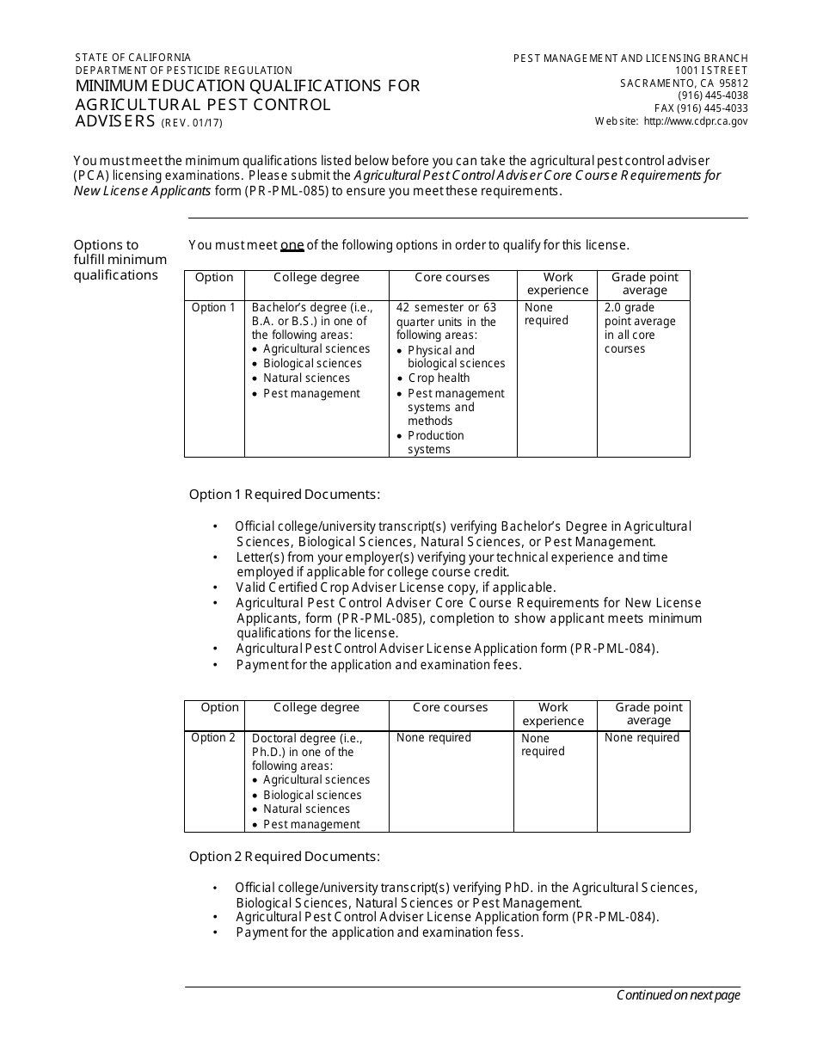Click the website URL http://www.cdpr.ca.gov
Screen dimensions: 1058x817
tap(695, 121)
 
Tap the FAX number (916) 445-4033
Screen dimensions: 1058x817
tap(701, 108)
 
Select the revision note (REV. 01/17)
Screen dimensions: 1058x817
tap(192, 122)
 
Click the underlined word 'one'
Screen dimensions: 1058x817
tap(292, 245)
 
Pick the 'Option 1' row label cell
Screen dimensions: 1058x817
tap(213, 308)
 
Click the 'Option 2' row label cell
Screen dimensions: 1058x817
tap(213, 738)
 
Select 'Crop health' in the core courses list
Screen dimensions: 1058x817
tap(439, 378)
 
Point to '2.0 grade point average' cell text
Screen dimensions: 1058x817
tap(640, 328)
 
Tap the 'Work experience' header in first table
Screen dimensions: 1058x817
tap(557, 284)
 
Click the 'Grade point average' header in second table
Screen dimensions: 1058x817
tap(648, 714)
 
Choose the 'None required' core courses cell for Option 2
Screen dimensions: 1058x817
tap(433, 738)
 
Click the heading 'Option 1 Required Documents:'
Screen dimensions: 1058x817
tap(285, 495)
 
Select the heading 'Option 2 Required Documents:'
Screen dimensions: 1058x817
tap(285, 857)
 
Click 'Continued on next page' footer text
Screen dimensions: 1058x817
tap(678, 995)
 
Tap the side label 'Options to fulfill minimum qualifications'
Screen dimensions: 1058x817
tap(120, 260)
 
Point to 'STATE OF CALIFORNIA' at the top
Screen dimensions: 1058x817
tap(133, 58)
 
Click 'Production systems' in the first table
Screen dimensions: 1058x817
tap(435, 442)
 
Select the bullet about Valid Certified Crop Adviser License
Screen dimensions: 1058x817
tap(396, 587)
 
